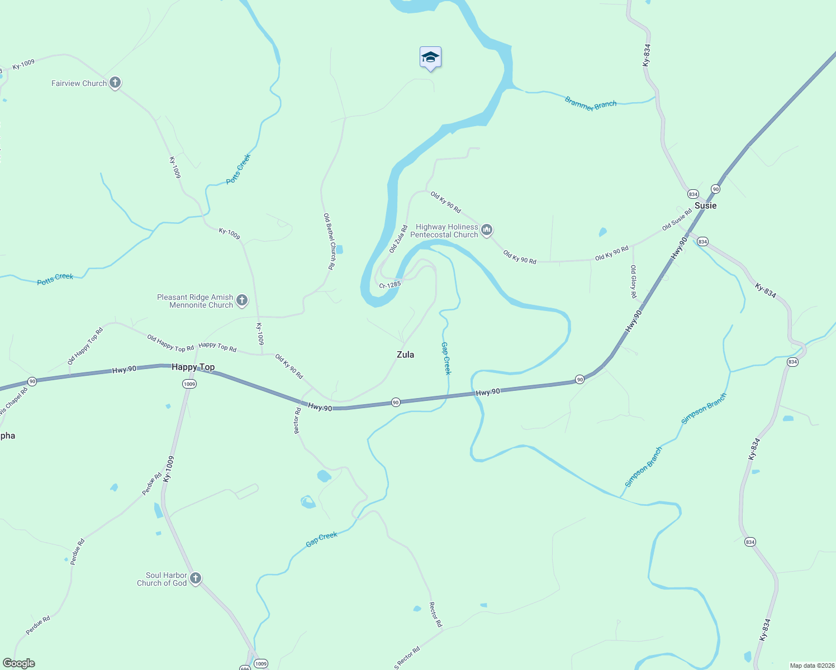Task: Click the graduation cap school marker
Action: coord(430,58)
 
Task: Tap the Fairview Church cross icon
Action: coord(115,83)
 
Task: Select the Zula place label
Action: coord(405,355)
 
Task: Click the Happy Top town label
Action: coord(193,367)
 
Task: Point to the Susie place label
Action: coord(705,205)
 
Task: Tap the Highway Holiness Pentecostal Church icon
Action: coord(487,230)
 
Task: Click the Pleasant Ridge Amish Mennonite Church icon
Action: coord(242,300)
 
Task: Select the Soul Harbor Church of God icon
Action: coord(196,578)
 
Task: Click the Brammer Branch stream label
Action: coord(590,104)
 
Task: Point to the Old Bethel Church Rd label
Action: coord(329,241)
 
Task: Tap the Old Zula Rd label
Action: coord(398,239)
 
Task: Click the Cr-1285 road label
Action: coord(389,285)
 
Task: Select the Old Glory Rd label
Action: coord(633,281)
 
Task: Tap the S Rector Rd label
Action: coord(407,658)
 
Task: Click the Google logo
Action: coord(19,663)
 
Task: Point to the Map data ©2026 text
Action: coord(811,666)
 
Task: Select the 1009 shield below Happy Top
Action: coord(189,384)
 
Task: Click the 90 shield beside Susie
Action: coord(715,189)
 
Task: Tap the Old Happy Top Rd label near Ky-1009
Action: coord(170,343)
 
